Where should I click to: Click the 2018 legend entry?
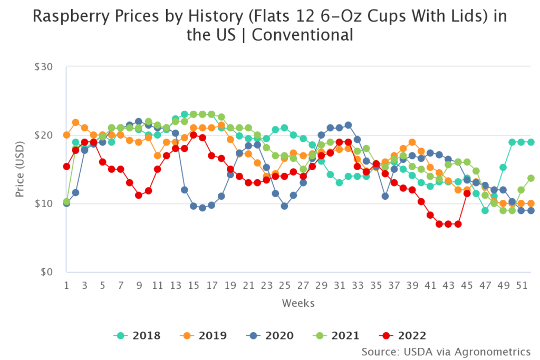tap(137, 335)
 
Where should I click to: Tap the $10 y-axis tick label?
tap(49, 203)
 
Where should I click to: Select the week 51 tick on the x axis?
tap(520, 285)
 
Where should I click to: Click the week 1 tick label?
tap(66, 285)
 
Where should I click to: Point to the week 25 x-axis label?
tap(284, 285)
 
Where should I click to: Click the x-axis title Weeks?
tap(298, 303)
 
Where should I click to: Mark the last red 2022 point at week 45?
tap(467, 193)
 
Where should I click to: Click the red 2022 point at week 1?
tap(66, 167)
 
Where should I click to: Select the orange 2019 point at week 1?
tap(66, 135)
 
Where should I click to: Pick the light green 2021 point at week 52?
tap(531, 178)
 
